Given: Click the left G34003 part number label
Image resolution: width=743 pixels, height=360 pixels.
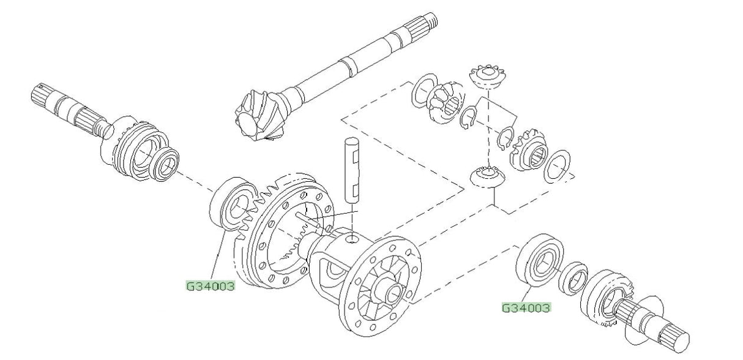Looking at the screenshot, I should tap(211, 285).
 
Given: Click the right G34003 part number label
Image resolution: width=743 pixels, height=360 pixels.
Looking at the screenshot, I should tap(526, 307).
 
